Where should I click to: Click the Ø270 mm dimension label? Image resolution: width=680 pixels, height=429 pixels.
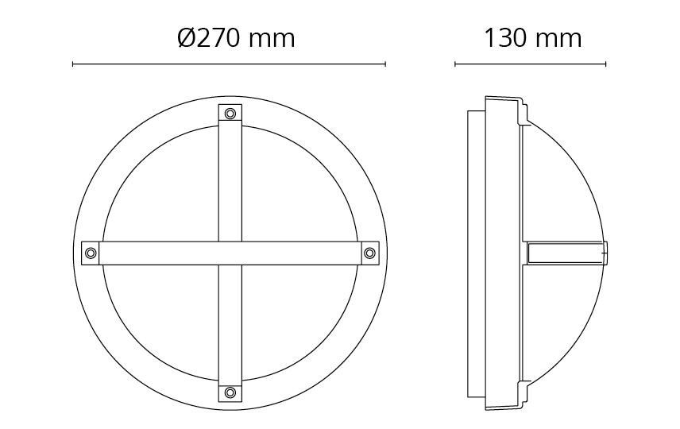click(x=237, y=38)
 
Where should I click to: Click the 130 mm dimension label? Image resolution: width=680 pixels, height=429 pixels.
click(x=532, y=38)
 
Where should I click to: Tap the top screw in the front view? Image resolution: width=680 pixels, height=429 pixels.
click(x=230, y=114)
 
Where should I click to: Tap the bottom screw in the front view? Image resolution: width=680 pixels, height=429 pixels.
click(x=230, y=392)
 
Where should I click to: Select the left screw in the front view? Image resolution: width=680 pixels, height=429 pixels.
click(x=91, y=253)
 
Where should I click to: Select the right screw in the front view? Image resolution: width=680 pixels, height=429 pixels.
click(x=369, y=253)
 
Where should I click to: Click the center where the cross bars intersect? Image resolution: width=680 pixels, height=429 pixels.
click(x=230, y=253)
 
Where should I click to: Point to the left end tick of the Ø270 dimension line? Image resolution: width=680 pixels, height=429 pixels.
click(x=73, y=64)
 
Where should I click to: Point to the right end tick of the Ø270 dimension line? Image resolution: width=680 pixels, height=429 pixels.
click(x=385, y=64)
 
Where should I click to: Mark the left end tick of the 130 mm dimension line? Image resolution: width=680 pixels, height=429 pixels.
click(x=455, y=64)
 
